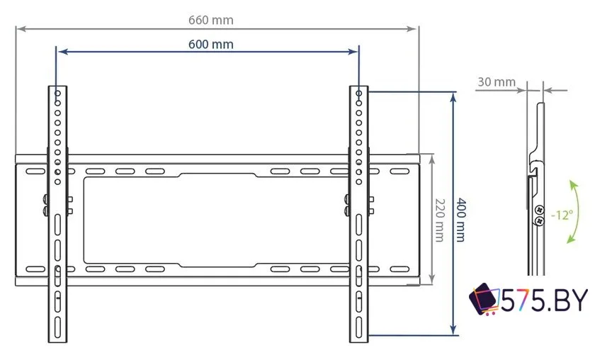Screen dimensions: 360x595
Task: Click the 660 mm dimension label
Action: point(210,21)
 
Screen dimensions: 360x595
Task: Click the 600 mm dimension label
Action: point(210,44)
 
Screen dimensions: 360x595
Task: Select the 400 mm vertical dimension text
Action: point(461,219)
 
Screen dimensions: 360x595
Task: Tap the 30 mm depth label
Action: point(496,81)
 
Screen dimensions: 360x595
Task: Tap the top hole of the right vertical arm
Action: point(358,93)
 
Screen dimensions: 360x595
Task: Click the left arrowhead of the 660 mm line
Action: point(19,29)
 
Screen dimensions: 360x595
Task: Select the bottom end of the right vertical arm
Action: point(358,339)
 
